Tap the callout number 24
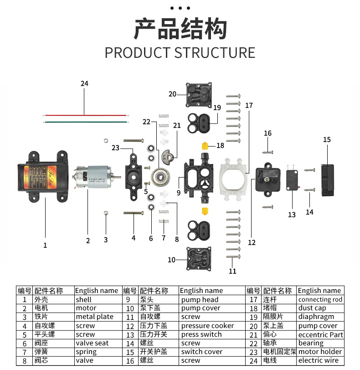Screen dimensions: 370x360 [84, 83]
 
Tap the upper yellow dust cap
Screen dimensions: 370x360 [206, 146]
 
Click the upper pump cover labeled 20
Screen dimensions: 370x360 [199, 94]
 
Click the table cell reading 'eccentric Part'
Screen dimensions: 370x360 [320, 334]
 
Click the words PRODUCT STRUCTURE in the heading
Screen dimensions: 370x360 [180, 52]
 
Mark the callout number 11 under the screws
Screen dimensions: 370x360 [233, 271]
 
